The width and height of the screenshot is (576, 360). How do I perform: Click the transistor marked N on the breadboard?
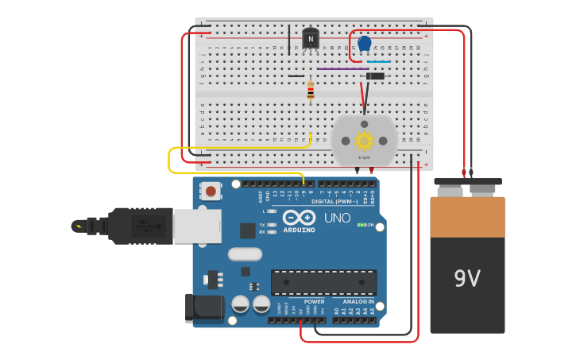pos(311,38)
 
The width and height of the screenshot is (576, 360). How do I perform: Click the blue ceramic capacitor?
pos(364,44)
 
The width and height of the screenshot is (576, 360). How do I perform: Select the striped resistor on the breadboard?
pos(311,91)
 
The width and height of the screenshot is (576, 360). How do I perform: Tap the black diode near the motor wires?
pos(374,76)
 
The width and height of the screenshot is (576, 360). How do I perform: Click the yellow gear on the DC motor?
pos(364,141)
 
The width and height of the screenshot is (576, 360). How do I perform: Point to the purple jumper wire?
pos(342,68)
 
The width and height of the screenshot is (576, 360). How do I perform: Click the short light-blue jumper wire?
pos(378,61)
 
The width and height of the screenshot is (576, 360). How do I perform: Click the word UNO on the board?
pos(337,218)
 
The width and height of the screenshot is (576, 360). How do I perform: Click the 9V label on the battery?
pos(467,278)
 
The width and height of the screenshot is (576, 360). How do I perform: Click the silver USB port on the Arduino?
pos(196,226)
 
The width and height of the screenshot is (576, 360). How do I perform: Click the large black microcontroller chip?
pos(323,282)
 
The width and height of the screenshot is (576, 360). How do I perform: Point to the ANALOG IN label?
pos(358,302)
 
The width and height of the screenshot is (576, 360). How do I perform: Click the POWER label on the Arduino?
pos(314,302)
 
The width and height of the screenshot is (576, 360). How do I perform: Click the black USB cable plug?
pos(135,226)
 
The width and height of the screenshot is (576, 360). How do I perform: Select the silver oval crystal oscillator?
pos(245,254)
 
